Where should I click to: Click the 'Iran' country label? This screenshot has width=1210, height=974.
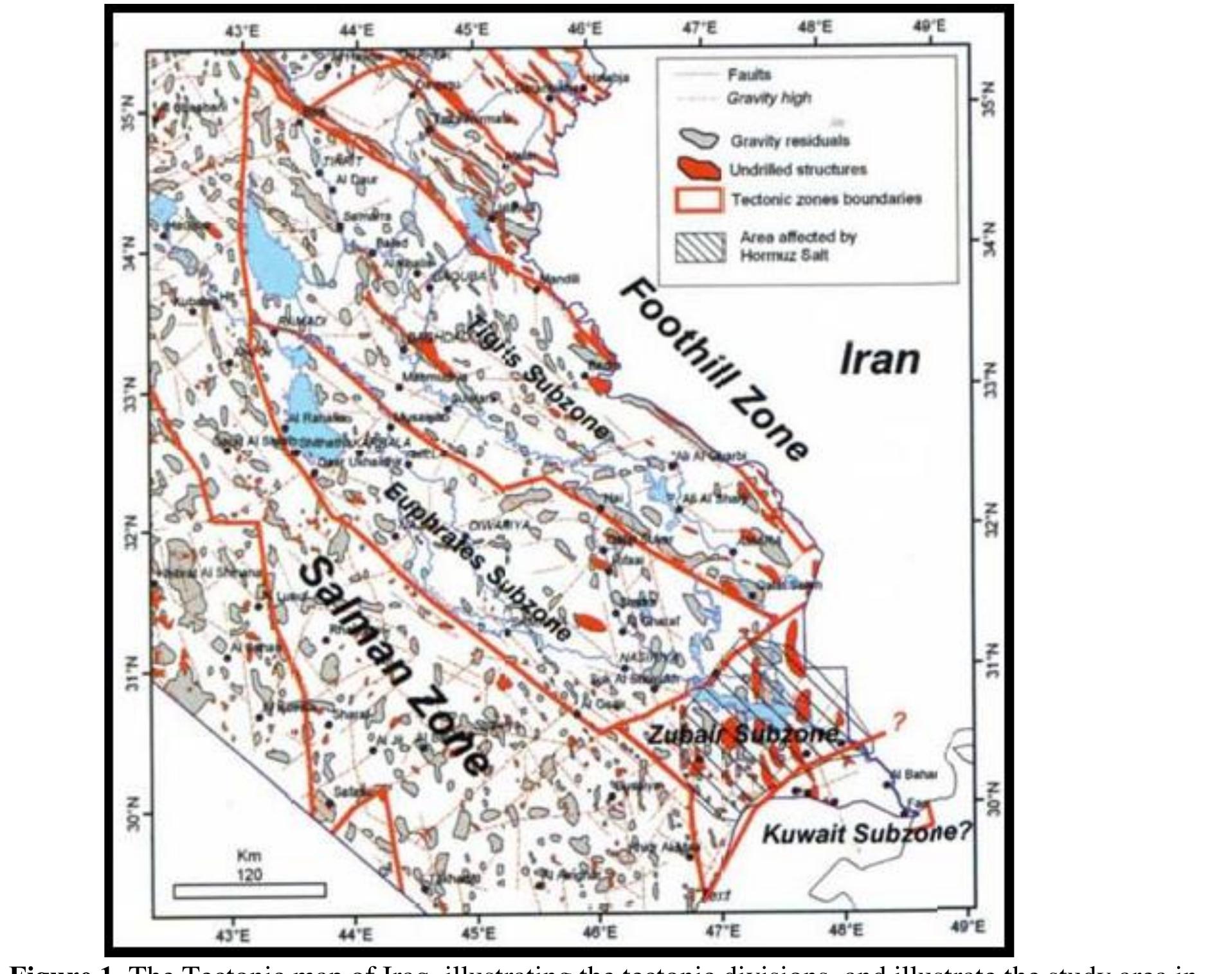(880, 359)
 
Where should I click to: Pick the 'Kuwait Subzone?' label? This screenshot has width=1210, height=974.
(865, 834)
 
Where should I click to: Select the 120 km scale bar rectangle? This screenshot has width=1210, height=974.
(249, 890)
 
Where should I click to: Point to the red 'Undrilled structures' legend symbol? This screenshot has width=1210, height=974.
(700, 170)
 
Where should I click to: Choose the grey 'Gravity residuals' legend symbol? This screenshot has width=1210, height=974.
(700, 138)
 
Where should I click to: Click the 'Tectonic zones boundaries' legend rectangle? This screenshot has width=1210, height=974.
(699, 199)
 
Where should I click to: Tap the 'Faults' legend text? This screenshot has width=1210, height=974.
(749, 75)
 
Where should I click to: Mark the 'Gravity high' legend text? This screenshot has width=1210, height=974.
(768, 98)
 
